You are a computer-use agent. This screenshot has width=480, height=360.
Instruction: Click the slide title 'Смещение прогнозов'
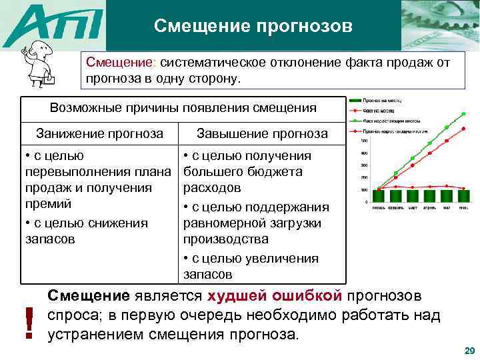click(253, 26)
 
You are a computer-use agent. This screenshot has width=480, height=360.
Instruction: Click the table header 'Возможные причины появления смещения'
click(183, 108)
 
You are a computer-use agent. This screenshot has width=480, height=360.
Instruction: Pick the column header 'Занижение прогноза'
click(99, 133)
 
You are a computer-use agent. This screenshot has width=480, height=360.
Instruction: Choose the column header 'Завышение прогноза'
click(263, 133)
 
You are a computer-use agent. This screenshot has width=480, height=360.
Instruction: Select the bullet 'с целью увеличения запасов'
click(253, 266)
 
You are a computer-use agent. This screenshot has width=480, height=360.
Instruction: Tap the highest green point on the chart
click(465, 115)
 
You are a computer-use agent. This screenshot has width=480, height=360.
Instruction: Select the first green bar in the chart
click(379, 196)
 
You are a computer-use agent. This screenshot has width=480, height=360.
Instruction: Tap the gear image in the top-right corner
click(440, 25)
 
